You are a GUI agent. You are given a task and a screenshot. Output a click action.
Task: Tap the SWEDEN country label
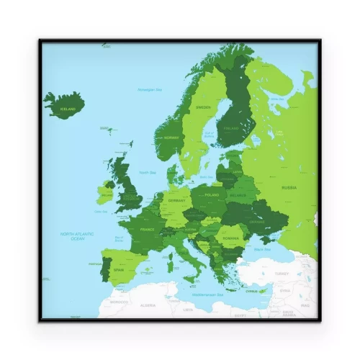(204, 107)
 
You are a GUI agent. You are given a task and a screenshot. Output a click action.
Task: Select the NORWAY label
(171, 138)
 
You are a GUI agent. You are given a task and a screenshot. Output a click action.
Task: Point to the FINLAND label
(230, 129)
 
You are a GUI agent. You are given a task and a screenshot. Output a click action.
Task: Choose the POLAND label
(212, 195)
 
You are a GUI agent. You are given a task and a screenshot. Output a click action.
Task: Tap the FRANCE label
(147, 230)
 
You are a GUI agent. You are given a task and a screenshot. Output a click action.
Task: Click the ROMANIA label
(230, 238)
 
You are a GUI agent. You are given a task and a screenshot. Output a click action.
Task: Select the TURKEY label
(281, 274)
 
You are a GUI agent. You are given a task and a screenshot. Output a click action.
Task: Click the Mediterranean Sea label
(207, 295)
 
